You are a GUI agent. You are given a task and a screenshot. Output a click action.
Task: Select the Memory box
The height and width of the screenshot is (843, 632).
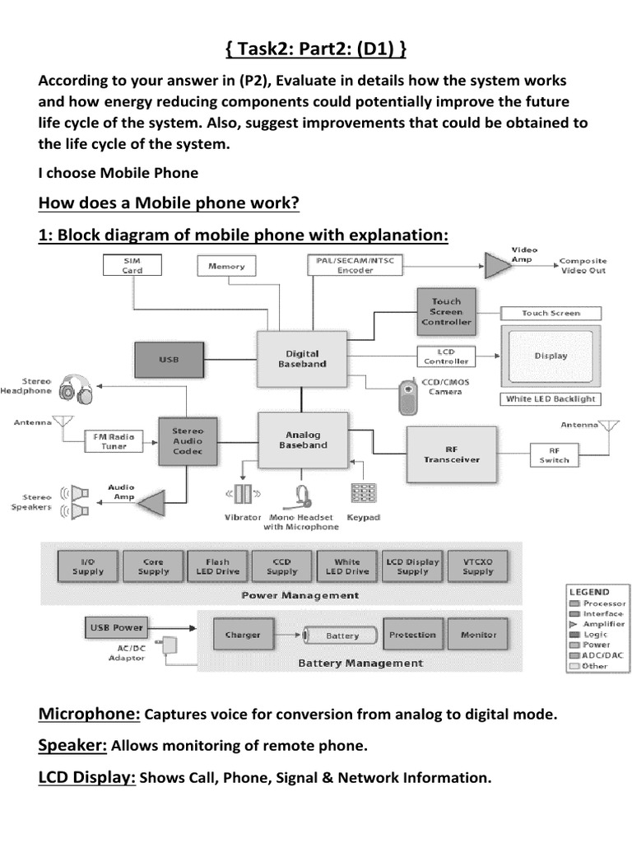coord(226,266)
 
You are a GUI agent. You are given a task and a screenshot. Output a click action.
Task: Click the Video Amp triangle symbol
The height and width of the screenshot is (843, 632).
coord(497,264)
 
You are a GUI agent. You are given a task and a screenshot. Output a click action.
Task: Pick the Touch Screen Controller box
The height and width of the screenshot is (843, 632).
coord(446,312)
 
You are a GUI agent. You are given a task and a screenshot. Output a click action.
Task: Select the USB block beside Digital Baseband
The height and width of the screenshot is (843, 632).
coord(169,360)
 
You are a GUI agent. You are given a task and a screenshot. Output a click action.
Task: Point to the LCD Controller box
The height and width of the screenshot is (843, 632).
coord(447,356)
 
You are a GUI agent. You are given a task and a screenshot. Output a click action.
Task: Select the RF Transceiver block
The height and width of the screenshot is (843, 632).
coord(452,454)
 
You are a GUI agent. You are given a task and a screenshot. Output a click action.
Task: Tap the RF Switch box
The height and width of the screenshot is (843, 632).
coord(560,454)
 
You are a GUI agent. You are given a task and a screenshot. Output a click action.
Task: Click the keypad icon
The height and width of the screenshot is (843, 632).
coord(363,493)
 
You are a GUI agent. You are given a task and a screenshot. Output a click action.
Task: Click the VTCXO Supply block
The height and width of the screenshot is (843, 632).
coord(478,566)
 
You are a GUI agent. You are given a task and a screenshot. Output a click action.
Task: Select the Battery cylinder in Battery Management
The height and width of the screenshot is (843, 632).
coord(342,635)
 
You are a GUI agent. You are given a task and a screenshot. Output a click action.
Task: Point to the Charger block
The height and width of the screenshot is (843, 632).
coord(243,635)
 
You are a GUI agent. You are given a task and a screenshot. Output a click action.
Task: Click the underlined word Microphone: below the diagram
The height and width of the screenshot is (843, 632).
coord(89,714)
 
